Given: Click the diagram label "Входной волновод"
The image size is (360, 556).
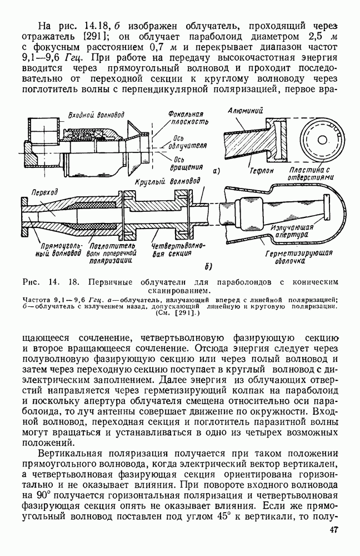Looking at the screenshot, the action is (96, 115).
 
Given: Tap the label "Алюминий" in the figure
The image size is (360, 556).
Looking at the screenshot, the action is (246, 111).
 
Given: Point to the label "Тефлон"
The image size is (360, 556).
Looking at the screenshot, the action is (262, 171).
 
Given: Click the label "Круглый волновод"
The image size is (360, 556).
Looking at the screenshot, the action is (167, 182).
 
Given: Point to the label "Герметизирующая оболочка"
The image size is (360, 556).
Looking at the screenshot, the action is (299, 257).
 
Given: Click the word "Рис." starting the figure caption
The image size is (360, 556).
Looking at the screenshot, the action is (32, 282).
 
